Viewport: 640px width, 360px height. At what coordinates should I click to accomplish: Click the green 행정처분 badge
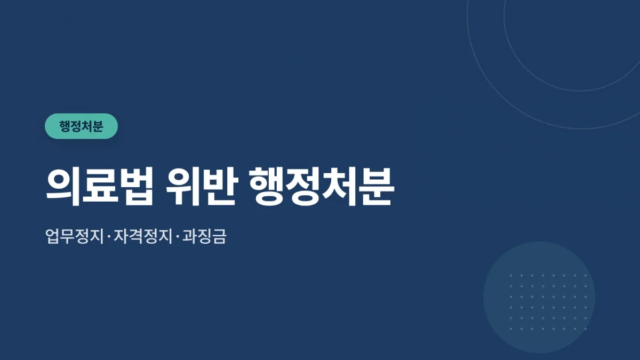click(x=82, y=126)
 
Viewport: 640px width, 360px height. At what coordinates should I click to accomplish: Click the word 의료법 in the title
click(x=100, y=187)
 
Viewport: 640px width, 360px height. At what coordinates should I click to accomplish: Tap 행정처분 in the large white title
click(x=322, y=187)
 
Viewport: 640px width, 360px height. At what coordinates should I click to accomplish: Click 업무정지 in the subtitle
click(x=75, y=236)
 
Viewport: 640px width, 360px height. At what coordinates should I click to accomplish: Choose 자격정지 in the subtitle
click(x=143, y=236)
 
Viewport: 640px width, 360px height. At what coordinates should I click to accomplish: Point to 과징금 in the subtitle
click(x=204, y=236)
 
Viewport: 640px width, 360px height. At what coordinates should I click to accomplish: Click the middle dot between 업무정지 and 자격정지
click(x=109, y=237)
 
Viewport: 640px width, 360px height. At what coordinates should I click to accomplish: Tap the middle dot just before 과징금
click(x=178, y=237)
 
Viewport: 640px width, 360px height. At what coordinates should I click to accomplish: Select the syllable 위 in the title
click(x=183, y=187)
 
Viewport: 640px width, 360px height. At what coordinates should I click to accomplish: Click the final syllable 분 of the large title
click(x=377, y=187)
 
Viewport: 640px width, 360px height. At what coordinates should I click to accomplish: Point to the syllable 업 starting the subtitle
click(x=53, y=236)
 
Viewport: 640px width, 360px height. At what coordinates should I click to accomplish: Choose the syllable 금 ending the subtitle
click(x=219, y=236)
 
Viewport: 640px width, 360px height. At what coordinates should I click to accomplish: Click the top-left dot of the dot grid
click(x=511, y=276)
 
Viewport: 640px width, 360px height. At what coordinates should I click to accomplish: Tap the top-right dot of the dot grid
click(x=586, y=276)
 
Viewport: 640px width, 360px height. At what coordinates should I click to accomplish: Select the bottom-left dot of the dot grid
click(x=511, y=329)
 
